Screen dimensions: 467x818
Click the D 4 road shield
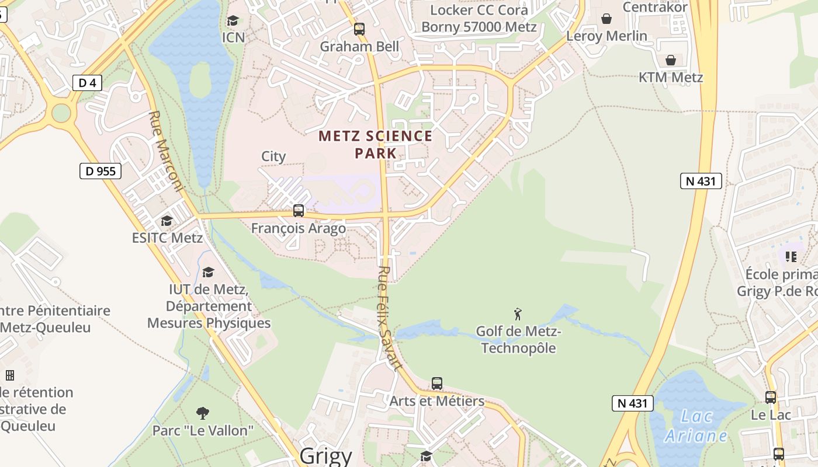87,83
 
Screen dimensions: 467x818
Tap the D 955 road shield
100,171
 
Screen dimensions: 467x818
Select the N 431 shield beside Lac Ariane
632,403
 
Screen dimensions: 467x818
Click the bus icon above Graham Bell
359,29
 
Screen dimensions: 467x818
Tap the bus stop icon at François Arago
299,211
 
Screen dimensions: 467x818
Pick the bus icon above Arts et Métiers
437,384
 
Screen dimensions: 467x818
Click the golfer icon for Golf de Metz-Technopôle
518,315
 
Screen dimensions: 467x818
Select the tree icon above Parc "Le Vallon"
203,413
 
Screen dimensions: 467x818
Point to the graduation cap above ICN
233,21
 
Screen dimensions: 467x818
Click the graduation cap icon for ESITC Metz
167,221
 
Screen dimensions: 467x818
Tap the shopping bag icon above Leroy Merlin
606,19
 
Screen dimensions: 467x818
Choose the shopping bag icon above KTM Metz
671,60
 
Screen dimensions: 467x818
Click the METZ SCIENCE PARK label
375,145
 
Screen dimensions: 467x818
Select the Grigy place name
325,456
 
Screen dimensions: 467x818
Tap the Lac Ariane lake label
696,426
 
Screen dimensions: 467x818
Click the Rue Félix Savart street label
390,318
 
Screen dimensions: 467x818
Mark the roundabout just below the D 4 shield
61,113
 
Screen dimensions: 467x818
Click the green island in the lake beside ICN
200,79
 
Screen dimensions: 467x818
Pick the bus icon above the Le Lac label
771,398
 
